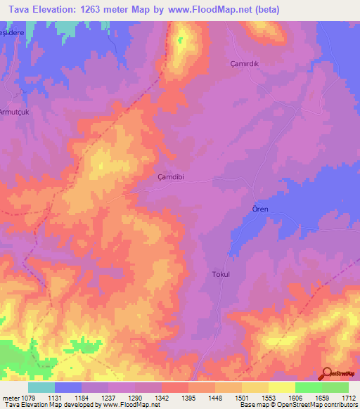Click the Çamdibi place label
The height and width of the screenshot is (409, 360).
click(x=171, y=178)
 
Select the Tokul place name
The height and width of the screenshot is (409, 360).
click(x=221, y=275)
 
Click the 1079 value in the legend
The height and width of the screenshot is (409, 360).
click(x=28, y=397)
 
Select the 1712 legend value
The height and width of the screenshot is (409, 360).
click(x=349, y=397)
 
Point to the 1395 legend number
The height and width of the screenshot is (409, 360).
click(x=188, y=397)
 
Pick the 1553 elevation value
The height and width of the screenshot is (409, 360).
click(x=269, y=397)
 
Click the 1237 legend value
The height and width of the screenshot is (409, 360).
click(x=108, y=397)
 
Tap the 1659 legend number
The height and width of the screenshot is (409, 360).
click(x=322, y=397)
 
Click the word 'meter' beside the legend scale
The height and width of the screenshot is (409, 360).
click(x=10, y=397)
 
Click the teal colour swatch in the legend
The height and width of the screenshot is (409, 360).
click(x=41, y=387)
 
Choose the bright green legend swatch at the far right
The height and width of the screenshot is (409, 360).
click(x=335, y=387)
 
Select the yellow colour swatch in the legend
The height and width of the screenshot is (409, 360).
click(x=282, y=387)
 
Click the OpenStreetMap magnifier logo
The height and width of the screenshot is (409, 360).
click(x=327, y=374)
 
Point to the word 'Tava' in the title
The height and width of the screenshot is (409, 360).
click(x=15, y=9)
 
